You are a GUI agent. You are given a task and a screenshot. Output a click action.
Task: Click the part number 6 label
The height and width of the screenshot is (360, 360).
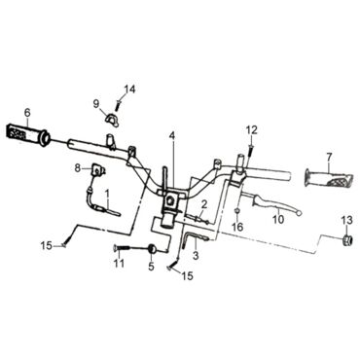click(27, 113)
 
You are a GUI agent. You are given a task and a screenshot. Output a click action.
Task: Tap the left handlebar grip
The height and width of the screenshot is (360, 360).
click(27, 134)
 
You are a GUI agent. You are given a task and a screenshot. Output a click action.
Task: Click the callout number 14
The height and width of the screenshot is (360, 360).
click(130, 89)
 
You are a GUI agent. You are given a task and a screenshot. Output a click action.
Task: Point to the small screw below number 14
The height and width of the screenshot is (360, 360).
click(118, 106)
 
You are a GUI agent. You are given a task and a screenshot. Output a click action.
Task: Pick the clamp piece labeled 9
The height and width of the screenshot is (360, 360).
click(111, 119)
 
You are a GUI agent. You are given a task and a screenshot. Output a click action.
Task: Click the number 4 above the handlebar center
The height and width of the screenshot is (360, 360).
click(172, 135)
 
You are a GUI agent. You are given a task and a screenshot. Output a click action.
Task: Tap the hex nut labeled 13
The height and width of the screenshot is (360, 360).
click(347, 240)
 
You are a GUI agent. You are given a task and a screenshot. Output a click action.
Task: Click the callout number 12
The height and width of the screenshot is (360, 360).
click(252, 130)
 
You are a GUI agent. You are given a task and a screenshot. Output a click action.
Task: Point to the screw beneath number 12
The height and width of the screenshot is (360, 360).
click(250, 151)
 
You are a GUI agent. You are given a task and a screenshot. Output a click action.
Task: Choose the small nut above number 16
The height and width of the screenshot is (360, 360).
click(237, 212)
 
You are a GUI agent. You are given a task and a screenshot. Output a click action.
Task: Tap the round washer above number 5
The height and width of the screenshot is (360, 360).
click(152, 248)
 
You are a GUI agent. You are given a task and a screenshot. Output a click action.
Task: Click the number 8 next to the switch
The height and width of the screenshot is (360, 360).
click(78, 168)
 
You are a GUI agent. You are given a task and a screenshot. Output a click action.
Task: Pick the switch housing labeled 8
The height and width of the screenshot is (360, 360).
click(96, 170)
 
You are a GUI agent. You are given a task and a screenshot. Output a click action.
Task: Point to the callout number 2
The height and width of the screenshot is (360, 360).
click(204, 204)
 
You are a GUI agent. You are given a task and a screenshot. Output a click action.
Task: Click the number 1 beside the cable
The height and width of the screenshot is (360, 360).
click(107, 195)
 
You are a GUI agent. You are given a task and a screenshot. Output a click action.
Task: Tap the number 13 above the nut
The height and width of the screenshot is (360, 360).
click(346, 220)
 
